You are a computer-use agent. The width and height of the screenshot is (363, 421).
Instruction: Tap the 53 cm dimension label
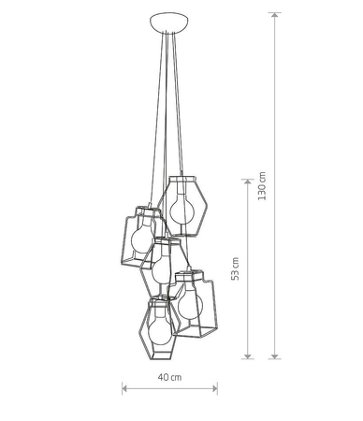point(236,269)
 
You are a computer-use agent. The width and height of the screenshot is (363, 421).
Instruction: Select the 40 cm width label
point(170,377)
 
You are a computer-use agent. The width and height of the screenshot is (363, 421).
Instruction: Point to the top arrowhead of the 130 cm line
point(274,16)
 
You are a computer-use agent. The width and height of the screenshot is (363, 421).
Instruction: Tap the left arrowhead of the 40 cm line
point(125,387)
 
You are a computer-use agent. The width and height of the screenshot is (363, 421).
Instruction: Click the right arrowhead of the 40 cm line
point(215,387)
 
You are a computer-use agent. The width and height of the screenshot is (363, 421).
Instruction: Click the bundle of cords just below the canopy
point(169,56)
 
